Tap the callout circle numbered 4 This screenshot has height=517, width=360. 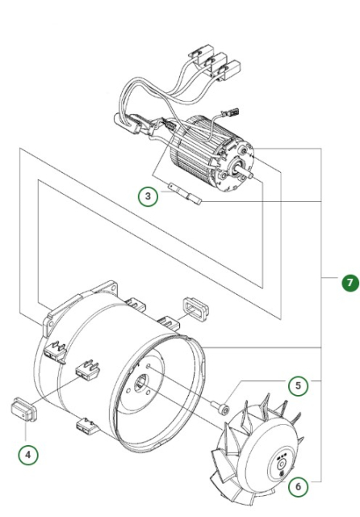[x=30, y=455]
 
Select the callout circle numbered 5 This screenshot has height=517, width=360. [x=299, y=386]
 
